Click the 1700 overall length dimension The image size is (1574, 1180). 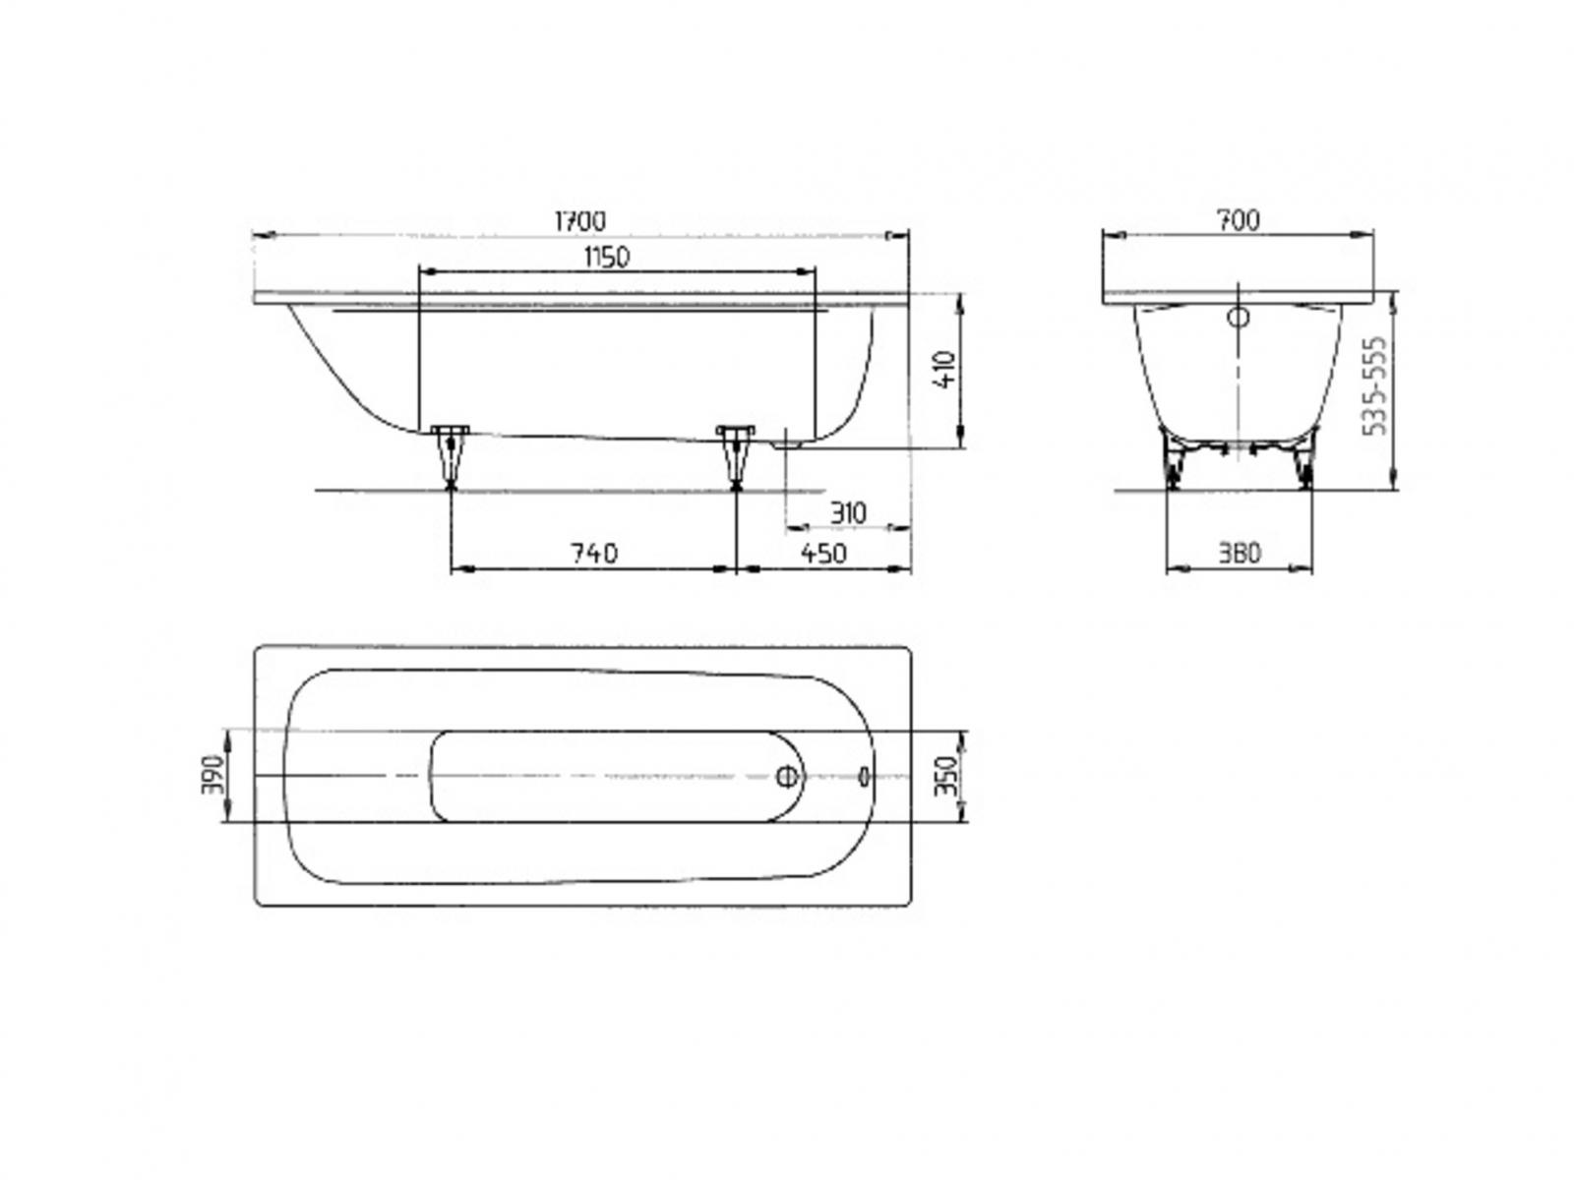579,220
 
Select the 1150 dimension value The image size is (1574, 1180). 606,258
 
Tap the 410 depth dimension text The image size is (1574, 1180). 945,369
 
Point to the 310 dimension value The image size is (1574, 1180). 848,513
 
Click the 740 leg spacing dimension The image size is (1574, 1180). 594,553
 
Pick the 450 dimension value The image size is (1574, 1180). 823,553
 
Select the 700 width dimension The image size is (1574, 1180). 1239,220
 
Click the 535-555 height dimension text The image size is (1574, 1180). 1374,386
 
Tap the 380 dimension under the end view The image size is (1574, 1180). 1240,553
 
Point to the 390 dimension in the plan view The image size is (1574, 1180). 212,775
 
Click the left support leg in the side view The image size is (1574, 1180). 450,456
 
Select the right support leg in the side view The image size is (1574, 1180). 735,456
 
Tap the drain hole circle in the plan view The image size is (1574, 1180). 787,776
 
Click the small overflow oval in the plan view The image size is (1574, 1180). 864,776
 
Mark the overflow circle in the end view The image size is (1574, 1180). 1238,317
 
